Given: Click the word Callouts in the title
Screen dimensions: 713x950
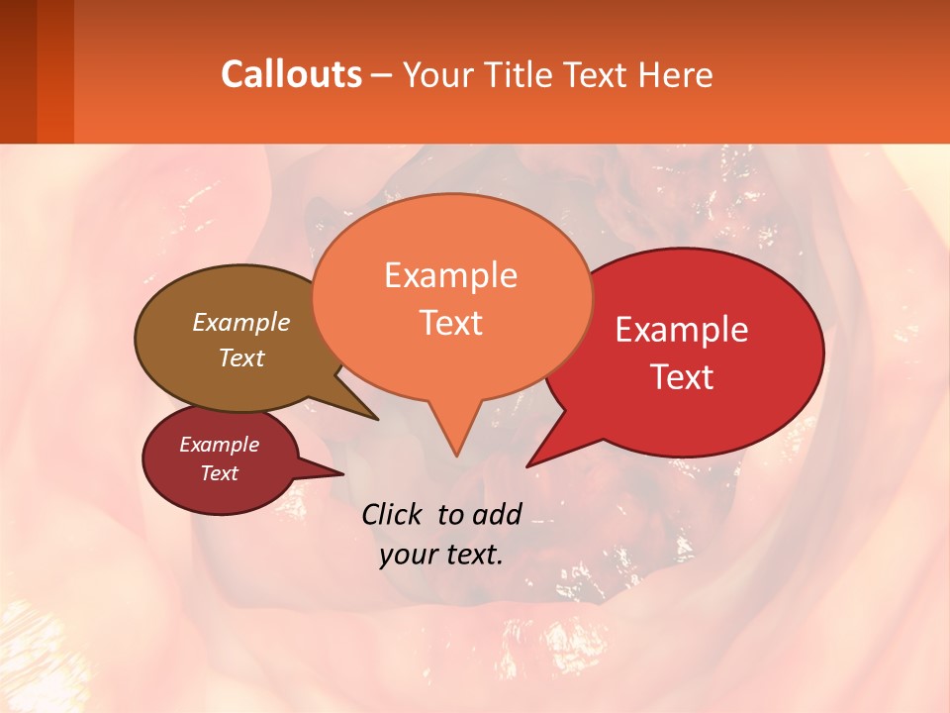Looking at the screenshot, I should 291,74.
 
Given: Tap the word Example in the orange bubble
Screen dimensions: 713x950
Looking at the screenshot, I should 450,275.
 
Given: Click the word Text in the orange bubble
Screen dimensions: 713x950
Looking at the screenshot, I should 450,323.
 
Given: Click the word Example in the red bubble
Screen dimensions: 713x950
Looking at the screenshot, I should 682,330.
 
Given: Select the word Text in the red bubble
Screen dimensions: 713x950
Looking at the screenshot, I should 683,377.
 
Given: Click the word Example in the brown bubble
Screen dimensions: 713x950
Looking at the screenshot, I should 241,322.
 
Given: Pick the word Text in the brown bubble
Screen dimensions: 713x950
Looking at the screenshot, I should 241,357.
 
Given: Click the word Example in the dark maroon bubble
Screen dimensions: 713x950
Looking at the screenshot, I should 219,445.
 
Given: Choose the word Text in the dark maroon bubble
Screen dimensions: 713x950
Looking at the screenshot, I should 219,473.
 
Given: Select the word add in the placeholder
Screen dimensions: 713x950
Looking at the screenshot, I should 497,514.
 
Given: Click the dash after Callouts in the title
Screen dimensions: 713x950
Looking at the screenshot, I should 382,75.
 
